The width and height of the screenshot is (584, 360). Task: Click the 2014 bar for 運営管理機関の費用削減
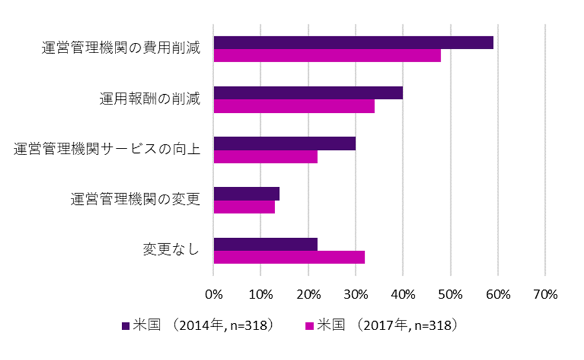click(354, 43)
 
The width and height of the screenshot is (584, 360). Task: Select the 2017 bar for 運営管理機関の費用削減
click(327, 56)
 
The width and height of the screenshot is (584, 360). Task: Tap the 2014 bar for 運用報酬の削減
click(308, 93)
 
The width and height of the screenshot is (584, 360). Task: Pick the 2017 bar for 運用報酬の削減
click(294, 106)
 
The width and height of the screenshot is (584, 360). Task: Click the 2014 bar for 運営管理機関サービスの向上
click(284, 143)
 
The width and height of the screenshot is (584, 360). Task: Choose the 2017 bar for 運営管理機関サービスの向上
click(265, 156)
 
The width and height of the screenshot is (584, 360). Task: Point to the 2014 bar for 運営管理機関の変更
click(247, 194)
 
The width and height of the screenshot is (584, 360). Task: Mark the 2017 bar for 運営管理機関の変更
click(244, 207)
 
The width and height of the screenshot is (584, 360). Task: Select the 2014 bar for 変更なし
click(265, 245)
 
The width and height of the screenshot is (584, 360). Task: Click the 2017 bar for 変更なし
click(289, 258)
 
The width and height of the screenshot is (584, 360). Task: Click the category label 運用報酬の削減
click(150, 99)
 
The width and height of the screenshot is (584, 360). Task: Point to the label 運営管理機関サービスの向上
click(107, 150)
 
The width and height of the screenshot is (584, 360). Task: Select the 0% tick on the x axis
click(213, 294)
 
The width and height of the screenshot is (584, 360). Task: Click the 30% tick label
click(355, 294)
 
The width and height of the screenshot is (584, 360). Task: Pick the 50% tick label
click(450, 294)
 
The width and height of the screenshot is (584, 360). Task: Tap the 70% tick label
click(545, 294)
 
